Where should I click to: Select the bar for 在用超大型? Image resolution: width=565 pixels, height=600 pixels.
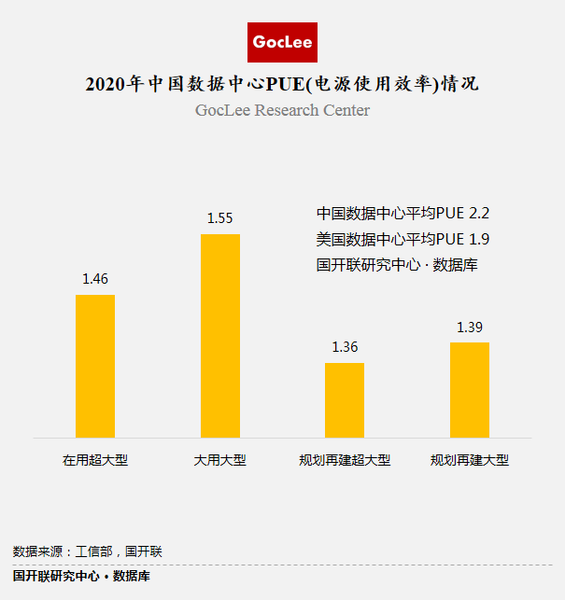coord(95,366)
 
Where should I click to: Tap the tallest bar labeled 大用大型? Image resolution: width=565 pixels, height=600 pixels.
coord(220,336)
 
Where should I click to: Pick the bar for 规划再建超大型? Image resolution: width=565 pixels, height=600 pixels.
coord(345,399)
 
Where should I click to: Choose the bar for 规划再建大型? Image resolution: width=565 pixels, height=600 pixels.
coord(470,389)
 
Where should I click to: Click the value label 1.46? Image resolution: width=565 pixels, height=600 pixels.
coord(95,278)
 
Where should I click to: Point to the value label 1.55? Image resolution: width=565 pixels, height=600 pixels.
coord(220,217)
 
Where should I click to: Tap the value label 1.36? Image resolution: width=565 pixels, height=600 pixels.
coord(345,347)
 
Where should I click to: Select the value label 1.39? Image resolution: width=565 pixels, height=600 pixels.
coord(470,328)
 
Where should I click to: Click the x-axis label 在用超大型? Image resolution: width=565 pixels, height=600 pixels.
coord(95,461)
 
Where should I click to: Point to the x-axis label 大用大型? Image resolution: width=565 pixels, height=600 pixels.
coord(220,461)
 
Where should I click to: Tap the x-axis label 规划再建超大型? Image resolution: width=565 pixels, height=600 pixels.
coord(345,461)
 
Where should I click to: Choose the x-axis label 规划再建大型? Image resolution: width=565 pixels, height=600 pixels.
coord(470,461)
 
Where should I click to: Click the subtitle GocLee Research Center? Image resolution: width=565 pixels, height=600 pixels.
coord(282,110)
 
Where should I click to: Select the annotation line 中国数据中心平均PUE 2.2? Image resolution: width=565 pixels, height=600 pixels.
coord(403,213)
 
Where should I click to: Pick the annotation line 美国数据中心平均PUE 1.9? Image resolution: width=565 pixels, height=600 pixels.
coord(403,239)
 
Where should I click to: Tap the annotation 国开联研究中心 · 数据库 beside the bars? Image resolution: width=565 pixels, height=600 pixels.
coord(398,265)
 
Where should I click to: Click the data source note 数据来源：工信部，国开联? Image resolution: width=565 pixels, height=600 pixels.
coord(88,551)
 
